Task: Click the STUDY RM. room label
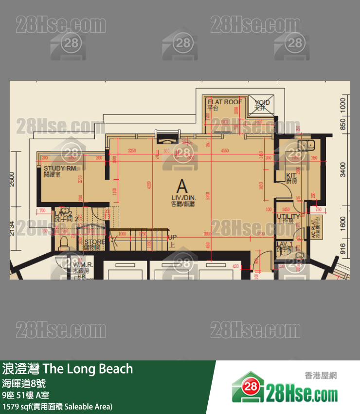[60, 169]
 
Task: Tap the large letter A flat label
[182, 186]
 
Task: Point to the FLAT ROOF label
[225, 102]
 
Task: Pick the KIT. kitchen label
[291, 175]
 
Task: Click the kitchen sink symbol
[309, 144]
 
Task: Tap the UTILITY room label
[288, 216]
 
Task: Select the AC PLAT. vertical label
[314, 226]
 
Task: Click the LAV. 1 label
[284, 244]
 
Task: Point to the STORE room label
[94, 242]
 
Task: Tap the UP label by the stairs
[172, 237]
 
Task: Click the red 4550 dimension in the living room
[224, 151]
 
